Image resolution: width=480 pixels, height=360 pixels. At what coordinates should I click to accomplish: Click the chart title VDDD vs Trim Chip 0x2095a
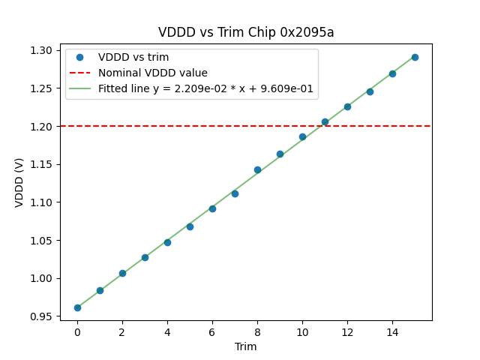(246, 32)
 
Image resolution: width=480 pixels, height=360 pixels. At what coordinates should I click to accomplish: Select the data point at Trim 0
(77, 307)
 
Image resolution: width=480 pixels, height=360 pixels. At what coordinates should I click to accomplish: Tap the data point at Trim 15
(415, 57)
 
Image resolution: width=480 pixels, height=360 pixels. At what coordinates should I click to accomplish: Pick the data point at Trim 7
(235, 193)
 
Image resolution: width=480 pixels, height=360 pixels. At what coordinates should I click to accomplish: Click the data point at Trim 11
(325, 121)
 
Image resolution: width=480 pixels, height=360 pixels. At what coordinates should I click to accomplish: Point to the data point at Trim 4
(167, 242)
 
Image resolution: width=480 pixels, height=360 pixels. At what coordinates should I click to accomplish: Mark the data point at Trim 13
(370, 91)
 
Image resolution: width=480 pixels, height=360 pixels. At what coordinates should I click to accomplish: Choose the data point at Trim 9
(280, 154)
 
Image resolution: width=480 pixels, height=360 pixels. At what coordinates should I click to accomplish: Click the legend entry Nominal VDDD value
(153, 73)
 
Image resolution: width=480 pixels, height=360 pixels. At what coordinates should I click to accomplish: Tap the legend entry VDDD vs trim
(133, 58)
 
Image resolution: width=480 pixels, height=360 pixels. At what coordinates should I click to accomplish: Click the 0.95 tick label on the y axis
(41, 316)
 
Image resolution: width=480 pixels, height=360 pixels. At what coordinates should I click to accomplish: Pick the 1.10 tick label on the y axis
(41, 202)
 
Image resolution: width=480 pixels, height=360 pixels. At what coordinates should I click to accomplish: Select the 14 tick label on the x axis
(392, 332)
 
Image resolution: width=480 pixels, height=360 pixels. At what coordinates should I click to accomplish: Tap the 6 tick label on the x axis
(212, 332)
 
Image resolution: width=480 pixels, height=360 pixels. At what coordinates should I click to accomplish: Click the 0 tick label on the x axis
(77, 332)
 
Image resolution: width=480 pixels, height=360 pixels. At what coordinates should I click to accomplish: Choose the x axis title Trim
(246, 346)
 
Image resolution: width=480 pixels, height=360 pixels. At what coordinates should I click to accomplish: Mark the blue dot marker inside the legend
(79, 58)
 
